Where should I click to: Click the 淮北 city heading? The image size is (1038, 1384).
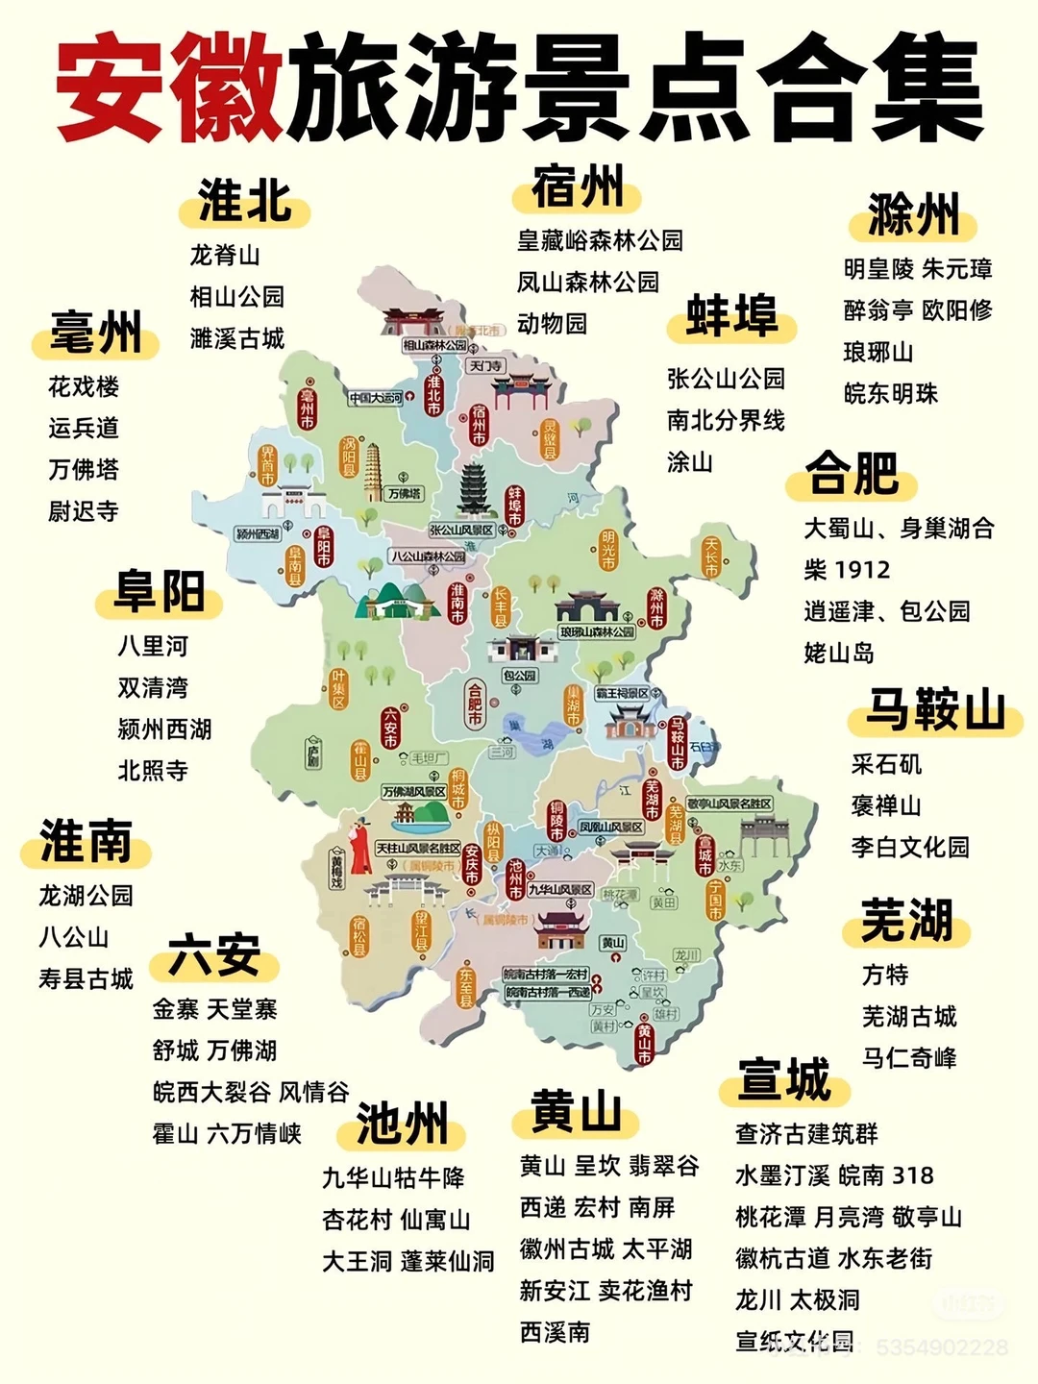(244, 202)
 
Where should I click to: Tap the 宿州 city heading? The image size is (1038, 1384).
(578, 186)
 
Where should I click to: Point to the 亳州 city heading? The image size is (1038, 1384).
(95, 334)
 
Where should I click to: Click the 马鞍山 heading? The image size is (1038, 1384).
(934, 711)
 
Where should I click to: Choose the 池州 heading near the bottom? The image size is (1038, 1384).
(402, 1124)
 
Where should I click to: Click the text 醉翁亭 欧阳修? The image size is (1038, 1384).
(917, 310)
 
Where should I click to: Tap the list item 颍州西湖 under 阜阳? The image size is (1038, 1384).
(164, 729)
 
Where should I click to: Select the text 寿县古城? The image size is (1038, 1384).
(86, 979)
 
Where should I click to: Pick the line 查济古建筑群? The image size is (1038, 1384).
(806, 1134)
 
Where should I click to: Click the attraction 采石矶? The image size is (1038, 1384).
(886, 765)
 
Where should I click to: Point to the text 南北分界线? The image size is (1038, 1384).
(726, 421)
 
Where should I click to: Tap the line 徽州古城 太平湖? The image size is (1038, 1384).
(605, 1249)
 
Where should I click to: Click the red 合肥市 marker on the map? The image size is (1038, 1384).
(474, 703)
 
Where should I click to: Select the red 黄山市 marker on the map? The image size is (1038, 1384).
(643, 1044)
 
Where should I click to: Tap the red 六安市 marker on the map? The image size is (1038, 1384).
(389, 728)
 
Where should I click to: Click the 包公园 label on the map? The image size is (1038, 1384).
(519, 676)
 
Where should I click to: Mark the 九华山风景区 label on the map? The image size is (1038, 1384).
(559, 890)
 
